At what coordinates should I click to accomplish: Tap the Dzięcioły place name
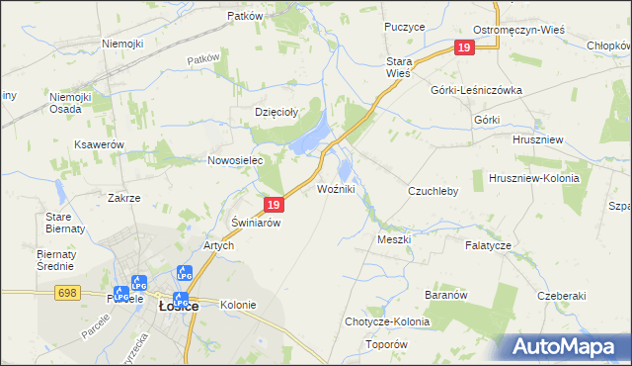point(277,113)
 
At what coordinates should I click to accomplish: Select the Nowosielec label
point(233,160)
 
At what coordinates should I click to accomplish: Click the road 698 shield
point(67,293)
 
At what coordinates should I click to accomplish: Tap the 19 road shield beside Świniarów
point(276,205)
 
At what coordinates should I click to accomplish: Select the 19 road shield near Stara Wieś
point(464,47)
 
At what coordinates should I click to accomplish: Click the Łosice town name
point(179,307)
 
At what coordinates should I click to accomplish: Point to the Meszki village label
point(394,239)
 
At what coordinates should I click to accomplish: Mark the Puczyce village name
point(405,27)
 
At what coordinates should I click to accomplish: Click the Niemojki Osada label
point(72,103)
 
